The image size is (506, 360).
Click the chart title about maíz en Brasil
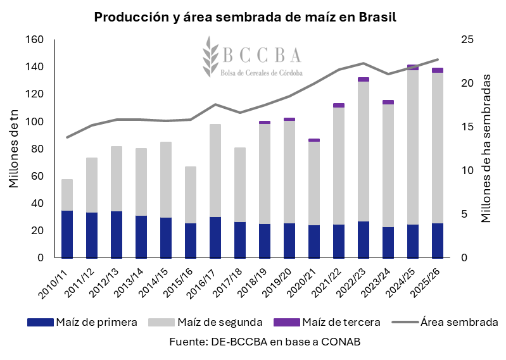(x=245, y=17)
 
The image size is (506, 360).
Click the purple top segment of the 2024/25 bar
(x=413, y=67)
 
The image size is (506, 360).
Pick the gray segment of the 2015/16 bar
(x=191, y=195)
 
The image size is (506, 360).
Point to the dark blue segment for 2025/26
(x=438, y=240)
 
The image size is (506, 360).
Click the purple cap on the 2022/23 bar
(x=364, y=80)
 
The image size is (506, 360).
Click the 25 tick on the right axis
(x=467, y=40)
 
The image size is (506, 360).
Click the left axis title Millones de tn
(x=13, y=149)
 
